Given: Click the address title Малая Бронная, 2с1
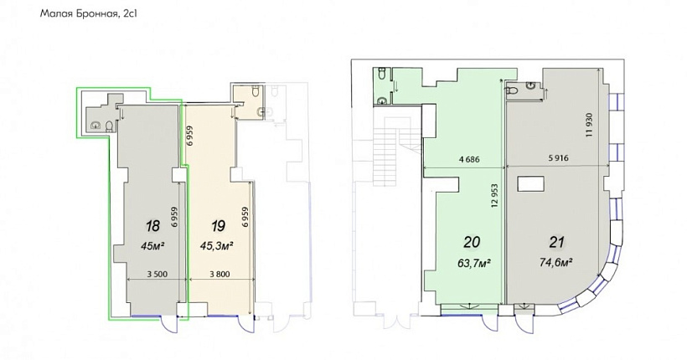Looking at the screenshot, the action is [x=89, y=14].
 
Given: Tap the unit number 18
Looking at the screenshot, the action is [x=153, y=226].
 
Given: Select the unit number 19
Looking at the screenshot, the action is [x=218, y=226].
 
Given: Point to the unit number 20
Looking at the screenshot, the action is [x=472, y=242].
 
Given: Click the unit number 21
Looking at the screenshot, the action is [x=556, y=242].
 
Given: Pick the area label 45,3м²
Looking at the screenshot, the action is [x=216, y=245].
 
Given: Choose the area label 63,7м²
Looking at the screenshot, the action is [x=473, y=264].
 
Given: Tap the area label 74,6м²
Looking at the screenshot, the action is [x=556, y=263].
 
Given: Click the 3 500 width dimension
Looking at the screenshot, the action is [x=157, y=274].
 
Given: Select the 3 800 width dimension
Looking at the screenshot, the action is [x=220, y=274].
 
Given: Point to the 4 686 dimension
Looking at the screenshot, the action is [x=468, y=159].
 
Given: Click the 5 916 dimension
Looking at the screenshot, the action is [x=558, y=158].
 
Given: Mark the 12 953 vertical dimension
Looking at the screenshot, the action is [x=495, y=195].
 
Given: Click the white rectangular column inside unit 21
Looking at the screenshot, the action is [x=530, y=183].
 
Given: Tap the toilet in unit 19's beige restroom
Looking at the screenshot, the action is [x=255, y=91].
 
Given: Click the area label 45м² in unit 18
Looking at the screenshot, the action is [x=153, y=245].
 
